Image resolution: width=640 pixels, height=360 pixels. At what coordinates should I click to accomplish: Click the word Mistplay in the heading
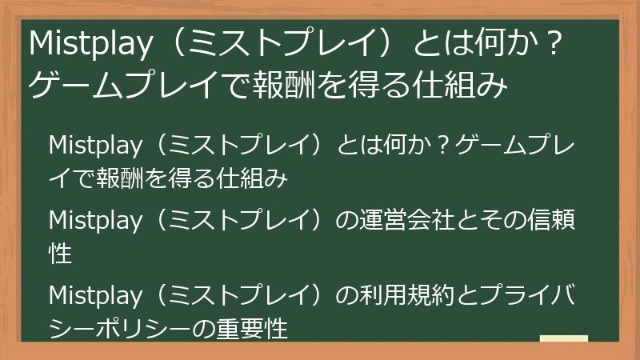tap(88, 46)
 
